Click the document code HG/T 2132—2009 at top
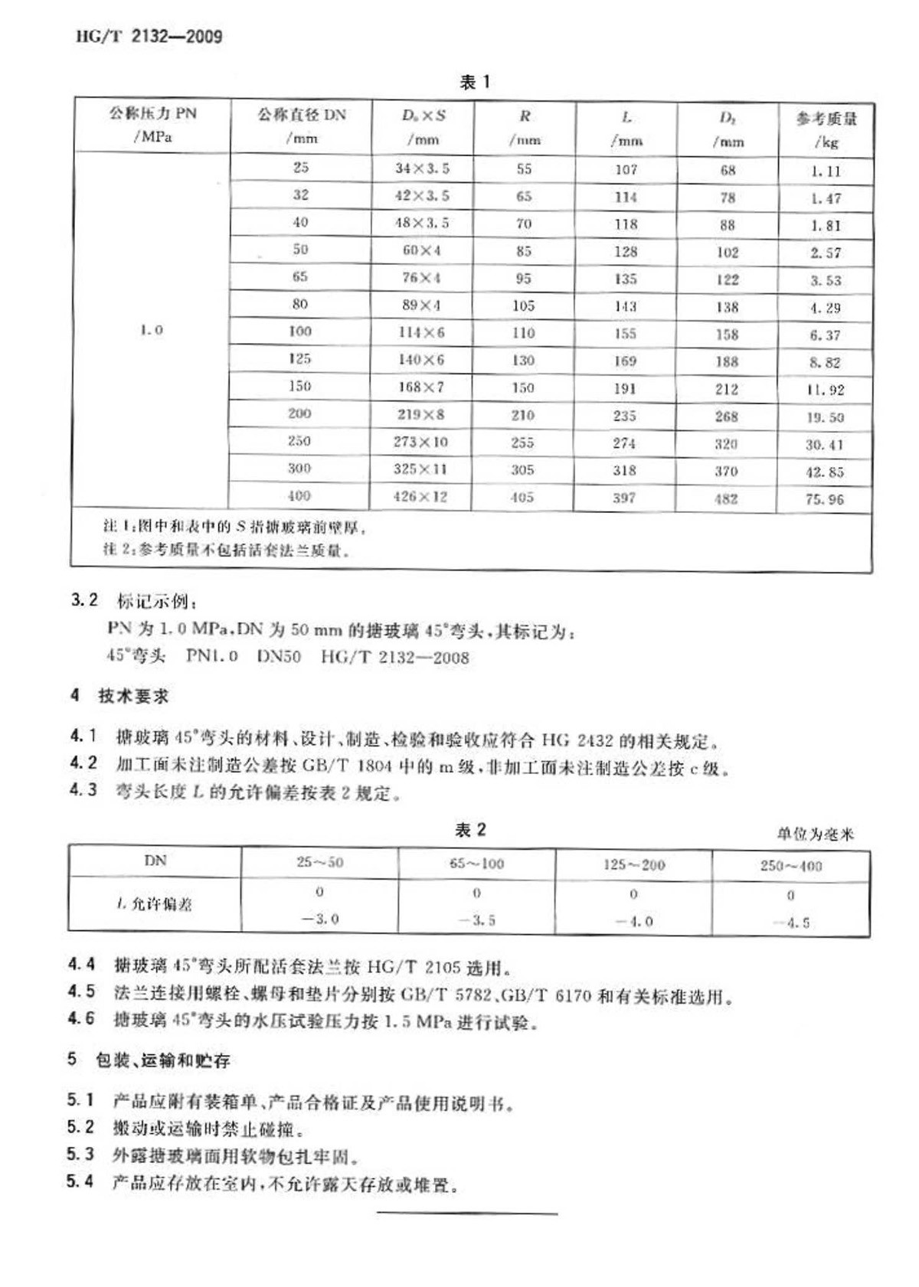pyautogui.click(x=149, y=36)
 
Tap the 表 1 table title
pyautogui.click(x=474, y=82)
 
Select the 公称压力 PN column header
pyautogui.click(x=152, y=124)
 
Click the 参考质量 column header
pyautogui.click(x=826, y=129)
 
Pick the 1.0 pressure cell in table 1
pyautogui.click(x=152, y=330)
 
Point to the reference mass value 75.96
pyautogui.click(x=824, y=499)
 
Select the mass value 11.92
pyautogui.click(x=825, y=390)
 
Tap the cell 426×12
pyautogui.click(x=420, y=496)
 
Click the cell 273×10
pyautogui.click(x=420, y=442)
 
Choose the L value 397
pyautogui.click(x=624, y=498)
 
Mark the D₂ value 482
pyautogui.click(x=726, y=498)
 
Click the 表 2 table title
pyautogui.click(x=470, y=830)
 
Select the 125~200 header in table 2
pyautogui.click(x=634, y=864)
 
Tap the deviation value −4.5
pyautogui.click(x=791, y=923)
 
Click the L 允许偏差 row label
pyautogui.click(x=155, y=904)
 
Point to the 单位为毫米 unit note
pyautogui.click(x=815, y=834)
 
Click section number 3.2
pyautogui.click(x=84, y=600)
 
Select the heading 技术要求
pyautogui.click(x=133, y=696)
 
